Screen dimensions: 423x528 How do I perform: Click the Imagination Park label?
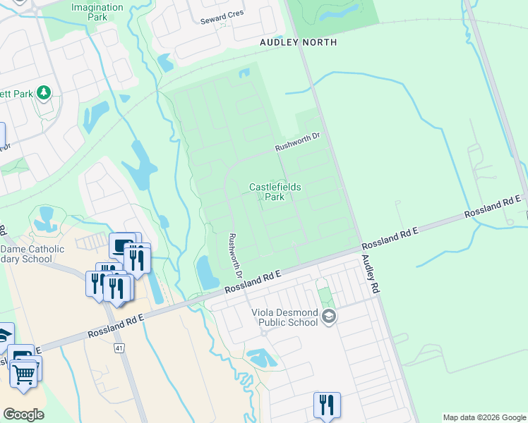click(97, 12)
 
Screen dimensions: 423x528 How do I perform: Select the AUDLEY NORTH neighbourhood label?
click(298, 42)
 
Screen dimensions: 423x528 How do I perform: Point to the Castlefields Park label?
click(275, 192)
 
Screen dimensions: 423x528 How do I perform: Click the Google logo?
click(23, 415)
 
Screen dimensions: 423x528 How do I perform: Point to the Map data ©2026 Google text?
click(484, 417)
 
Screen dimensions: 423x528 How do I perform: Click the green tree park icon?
click(44, 92)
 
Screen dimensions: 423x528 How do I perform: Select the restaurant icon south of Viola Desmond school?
click(327, 404)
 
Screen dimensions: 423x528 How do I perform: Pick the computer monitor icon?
click(123, 246)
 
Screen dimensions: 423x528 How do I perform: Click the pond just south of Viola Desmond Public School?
click(262, 358)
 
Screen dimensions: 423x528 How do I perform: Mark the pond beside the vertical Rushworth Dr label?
click(208, 272)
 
